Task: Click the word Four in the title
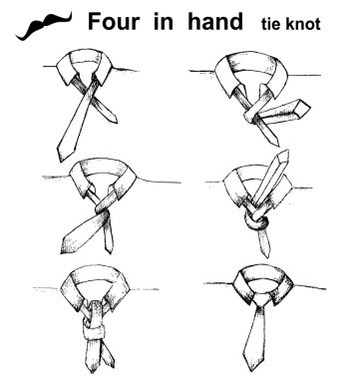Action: click(114, 22)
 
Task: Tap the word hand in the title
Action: click(215, 21)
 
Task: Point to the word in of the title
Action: click(164, 22)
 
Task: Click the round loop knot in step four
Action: click(256, 222)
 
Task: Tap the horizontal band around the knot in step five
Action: click(94, 332)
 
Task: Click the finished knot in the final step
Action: click(262, 299)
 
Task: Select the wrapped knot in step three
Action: click(103, 210)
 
